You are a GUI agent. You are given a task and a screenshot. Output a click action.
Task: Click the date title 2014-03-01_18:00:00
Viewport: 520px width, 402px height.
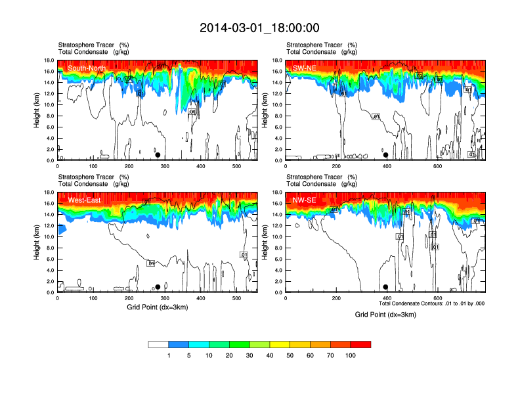click(260, 28)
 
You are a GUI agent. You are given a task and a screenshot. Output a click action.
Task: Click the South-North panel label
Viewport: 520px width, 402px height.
click(85, 68)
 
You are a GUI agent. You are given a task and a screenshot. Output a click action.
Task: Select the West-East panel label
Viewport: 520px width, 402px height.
click(83, 200)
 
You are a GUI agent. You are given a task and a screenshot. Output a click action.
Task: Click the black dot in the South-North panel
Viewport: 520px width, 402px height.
click(158, 155)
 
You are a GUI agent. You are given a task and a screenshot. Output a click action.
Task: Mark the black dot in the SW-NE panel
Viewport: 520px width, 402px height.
click(386, 155)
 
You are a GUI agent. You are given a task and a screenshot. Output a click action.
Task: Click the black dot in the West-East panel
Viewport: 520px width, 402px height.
click(158, 287)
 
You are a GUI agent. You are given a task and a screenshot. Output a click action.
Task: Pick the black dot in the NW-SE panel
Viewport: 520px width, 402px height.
click(386, 287)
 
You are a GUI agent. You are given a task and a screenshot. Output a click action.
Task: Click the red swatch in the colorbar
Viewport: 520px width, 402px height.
click(360, 344)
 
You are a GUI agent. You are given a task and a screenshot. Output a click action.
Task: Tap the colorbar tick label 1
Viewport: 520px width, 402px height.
click(169, 355)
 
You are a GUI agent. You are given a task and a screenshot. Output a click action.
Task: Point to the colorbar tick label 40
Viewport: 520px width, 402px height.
click(270, 355)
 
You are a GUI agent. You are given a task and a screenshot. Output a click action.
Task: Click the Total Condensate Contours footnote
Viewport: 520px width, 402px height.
click(432, 303)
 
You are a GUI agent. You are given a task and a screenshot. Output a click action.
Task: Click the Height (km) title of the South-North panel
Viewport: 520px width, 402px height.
click(38, 110)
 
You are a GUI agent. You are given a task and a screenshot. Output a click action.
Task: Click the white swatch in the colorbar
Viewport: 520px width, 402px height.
click(158, 344)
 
